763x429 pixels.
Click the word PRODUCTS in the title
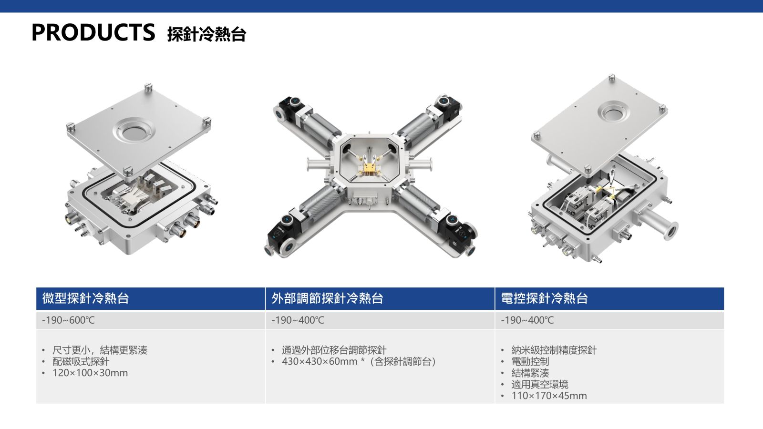pyautogui.click(x=93, y=32)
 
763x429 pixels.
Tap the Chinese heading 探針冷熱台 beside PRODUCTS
pyautogui.click(x=207, y=34)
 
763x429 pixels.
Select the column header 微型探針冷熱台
pyautogui.click(x=85, y=298)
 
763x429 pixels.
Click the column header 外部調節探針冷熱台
pyautogui.click(x=327, y=298)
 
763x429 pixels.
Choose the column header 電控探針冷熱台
pyautogui.click(x=544, y=298)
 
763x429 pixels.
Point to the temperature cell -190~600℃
pyautogui.click(x=68, y=320)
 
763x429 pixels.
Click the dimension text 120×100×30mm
pyautogui.click(x=90, y=373)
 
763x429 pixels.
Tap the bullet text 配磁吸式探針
pyautogui.click(x=81, y=361)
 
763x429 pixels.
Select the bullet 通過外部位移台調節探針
pyautogui.click(x=334, y=350)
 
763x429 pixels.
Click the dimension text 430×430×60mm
pyautogui.click(x=320, y=361)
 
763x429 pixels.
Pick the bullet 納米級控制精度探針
pyautogui.click(x=554, y=350)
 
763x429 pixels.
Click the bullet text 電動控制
pyautogui.click(x=530, y=361)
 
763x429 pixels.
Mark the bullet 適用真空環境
pyautogui.click(x=539, y=384)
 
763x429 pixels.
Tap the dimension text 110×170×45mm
pyautogui.click(x=549, y=396)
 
